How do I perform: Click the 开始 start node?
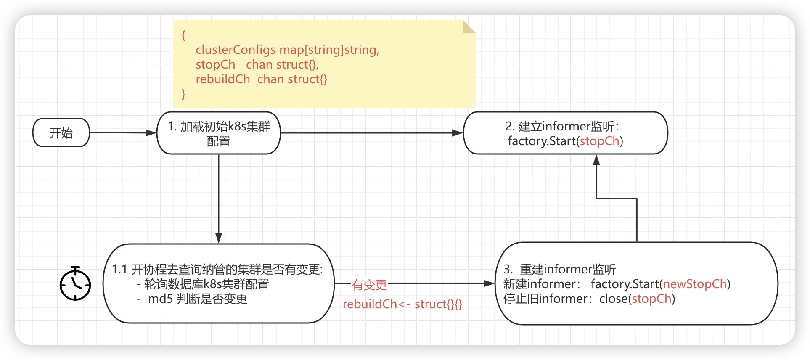[61, 133]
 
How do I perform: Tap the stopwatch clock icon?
[75, 284]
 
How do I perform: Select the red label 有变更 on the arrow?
[369, 285]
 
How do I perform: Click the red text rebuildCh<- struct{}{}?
[402, 304]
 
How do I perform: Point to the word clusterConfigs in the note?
[236, 50]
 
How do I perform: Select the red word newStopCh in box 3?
[695, 284]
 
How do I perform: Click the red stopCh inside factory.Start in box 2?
[599, 141]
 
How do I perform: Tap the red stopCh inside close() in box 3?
[651, 299]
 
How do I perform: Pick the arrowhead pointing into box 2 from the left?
[458, 133]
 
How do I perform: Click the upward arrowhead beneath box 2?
[596, 160]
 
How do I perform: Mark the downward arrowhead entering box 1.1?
[219, 238]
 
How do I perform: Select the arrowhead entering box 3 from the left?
[489, 284]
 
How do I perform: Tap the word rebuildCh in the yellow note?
[222, 79]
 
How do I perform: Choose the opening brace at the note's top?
[183, 35]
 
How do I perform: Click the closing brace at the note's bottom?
[183, 94]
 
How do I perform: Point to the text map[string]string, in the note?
[329, 50]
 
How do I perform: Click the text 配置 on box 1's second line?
[219, 141]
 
